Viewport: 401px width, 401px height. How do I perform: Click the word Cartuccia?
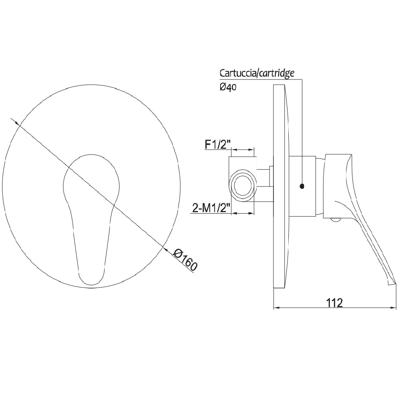pos(238,73)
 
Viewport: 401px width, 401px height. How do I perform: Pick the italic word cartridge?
pos(276,73)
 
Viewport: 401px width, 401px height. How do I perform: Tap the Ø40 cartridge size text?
pos(228,87)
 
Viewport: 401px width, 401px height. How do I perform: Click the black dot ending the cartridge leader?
pos(302,186)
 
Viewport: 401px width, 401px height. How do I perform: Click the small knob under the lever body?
pos(335,219)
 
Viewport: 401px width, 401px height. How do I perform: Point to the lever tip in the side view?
pos(392,283)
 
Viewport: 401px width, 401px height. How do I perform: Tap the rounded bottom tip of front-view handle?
pos(91,281)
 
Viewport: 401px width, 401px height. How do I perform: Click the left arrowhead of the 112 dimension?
pos(276,308)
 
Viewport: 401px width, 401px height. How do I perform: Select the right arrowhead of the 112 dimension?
pos(393,308)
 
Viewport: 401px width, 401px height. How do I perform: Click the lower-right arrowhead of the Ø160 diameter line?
pos(165,248)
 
